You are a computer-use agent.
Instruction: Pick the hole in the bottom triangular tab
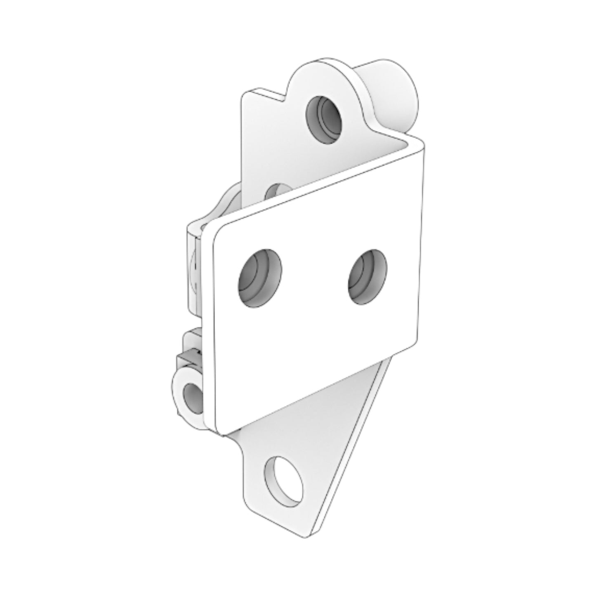[284, 481]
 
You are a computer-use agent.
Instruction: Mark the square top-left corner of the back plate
[244, 94]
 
